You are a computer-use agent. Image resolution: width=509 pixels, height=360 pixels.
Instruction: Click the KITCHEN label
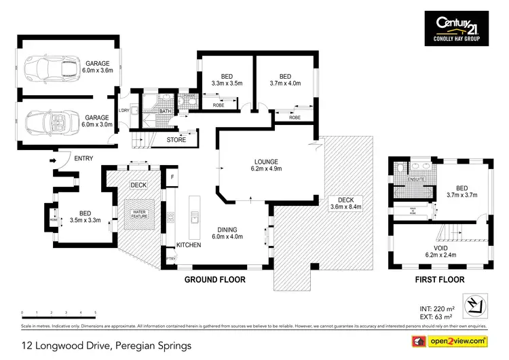(188, 245)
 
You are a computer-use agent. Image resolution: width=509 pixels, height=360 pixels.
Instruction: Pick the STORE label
(176, 141)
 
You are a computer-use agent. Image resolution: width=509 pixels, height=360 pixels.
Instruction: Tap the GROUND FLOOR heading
(215, 279)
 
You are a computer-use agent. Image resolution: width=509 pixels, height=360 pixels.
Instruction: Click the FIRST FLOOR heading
(439, 279)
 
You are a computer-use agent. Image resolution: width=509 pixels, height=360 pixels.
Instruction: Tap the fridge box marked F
(172, 177)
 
